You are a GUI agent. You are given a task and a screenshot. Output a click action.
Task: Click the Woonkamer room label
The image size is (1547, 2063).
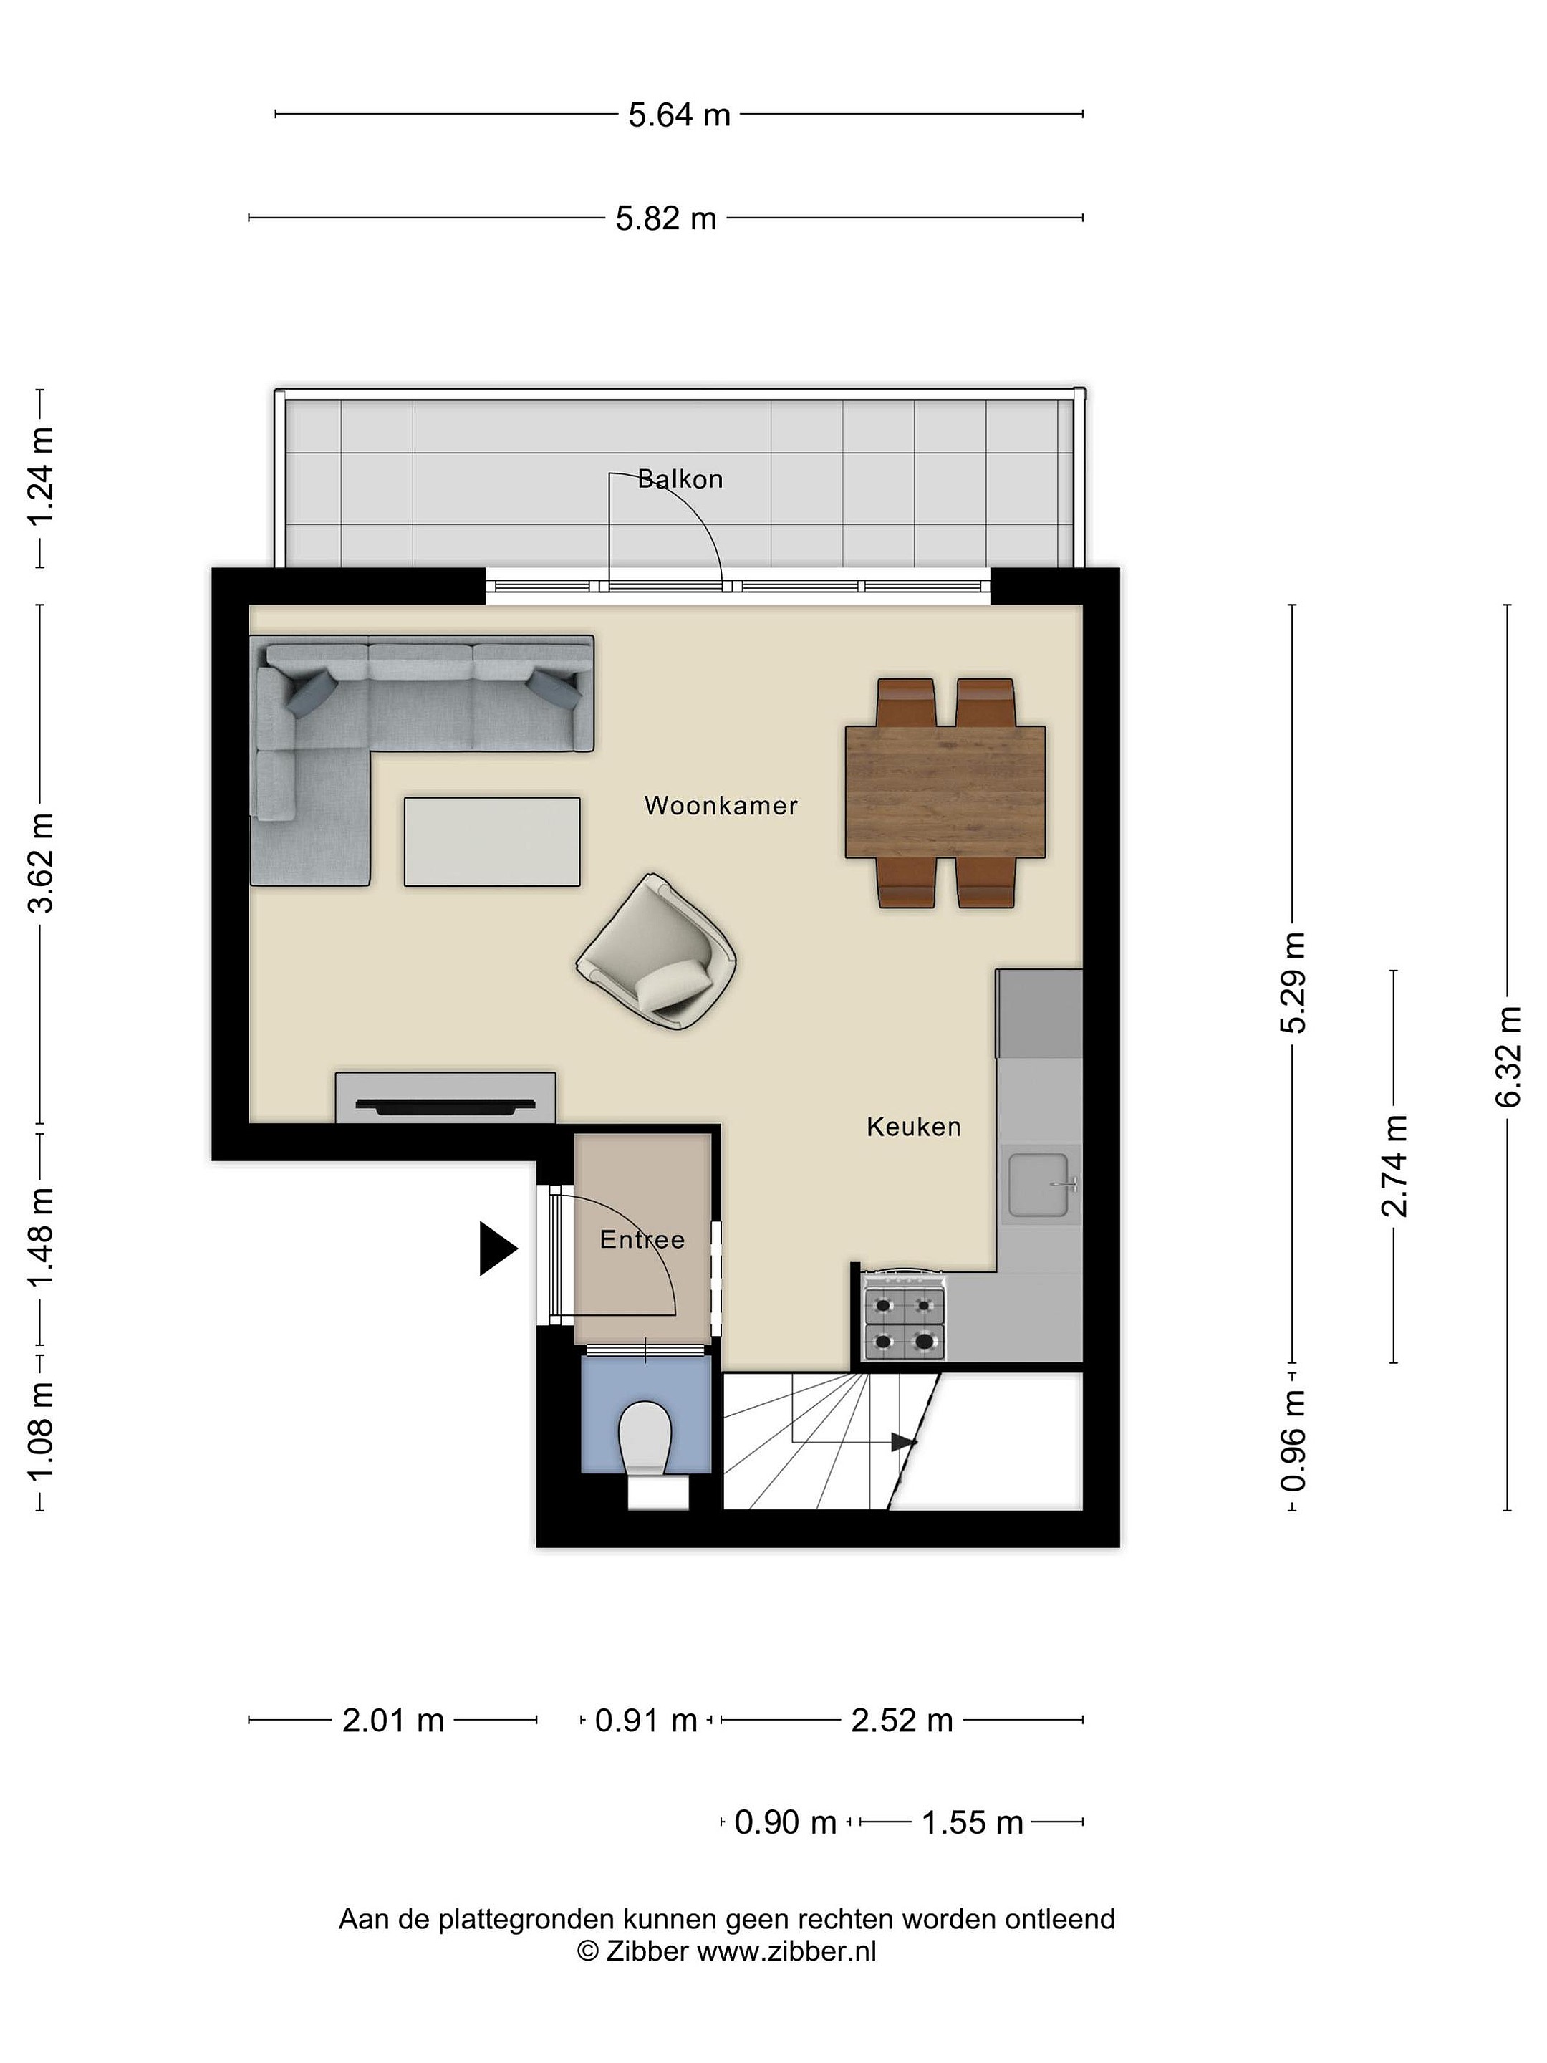click(x=721, y=806)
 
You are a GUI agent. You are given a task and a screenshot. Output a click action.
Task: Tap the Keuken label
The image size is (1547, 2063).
click(x=913, y=1127)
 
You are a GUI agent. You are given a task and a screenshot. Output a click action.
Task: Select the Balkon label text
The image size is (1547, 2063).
click(x=680, y=479)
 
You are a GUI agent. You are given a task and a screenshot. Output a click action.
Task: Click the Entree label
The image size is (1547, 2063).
click(x=642, y=1239)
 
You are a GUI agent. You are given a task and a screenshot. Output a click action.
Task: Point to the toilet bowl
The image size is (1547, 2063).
click(x=645, y=1437)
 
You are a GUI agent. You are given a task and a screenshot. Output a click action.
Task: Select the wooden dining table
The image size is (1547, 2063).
click(x=945, y=792)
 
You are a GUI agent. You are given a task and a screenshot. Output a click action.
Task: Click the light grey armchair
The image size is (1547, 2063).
click(x=657, y=952)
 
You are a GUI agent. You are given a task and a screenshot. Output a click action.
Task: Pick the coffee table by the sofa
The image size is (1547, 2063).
click(x=491, y=841)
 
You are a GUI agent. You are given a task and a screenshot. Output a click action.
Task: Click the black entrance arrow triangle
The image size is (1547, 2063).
click(x=498, y=1248)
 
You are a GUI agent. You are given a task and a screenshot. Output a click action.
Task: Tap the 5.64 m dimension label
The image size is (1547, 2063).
click(x=679, y=115)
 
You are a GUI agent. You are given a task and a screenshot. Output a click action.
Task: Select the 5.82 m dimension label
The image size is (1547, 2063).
click(x=666, y=218)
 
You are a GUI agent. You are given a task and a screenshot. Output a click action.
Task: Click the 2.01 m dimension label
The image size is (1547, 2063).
click(x=392, y=1720)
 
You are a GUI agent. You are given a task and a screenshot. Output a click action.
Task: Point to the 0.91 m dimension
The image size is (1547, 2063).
click(x=646, y=1720)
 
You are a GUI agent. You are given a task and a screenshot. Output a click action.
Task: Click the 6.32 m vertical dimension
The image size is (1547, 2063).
click(x=1508, y=1057)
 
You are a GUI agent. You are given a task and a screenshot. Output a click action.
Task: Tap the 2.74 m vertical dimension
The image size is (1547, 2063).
click(x=1394, y=1165)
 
